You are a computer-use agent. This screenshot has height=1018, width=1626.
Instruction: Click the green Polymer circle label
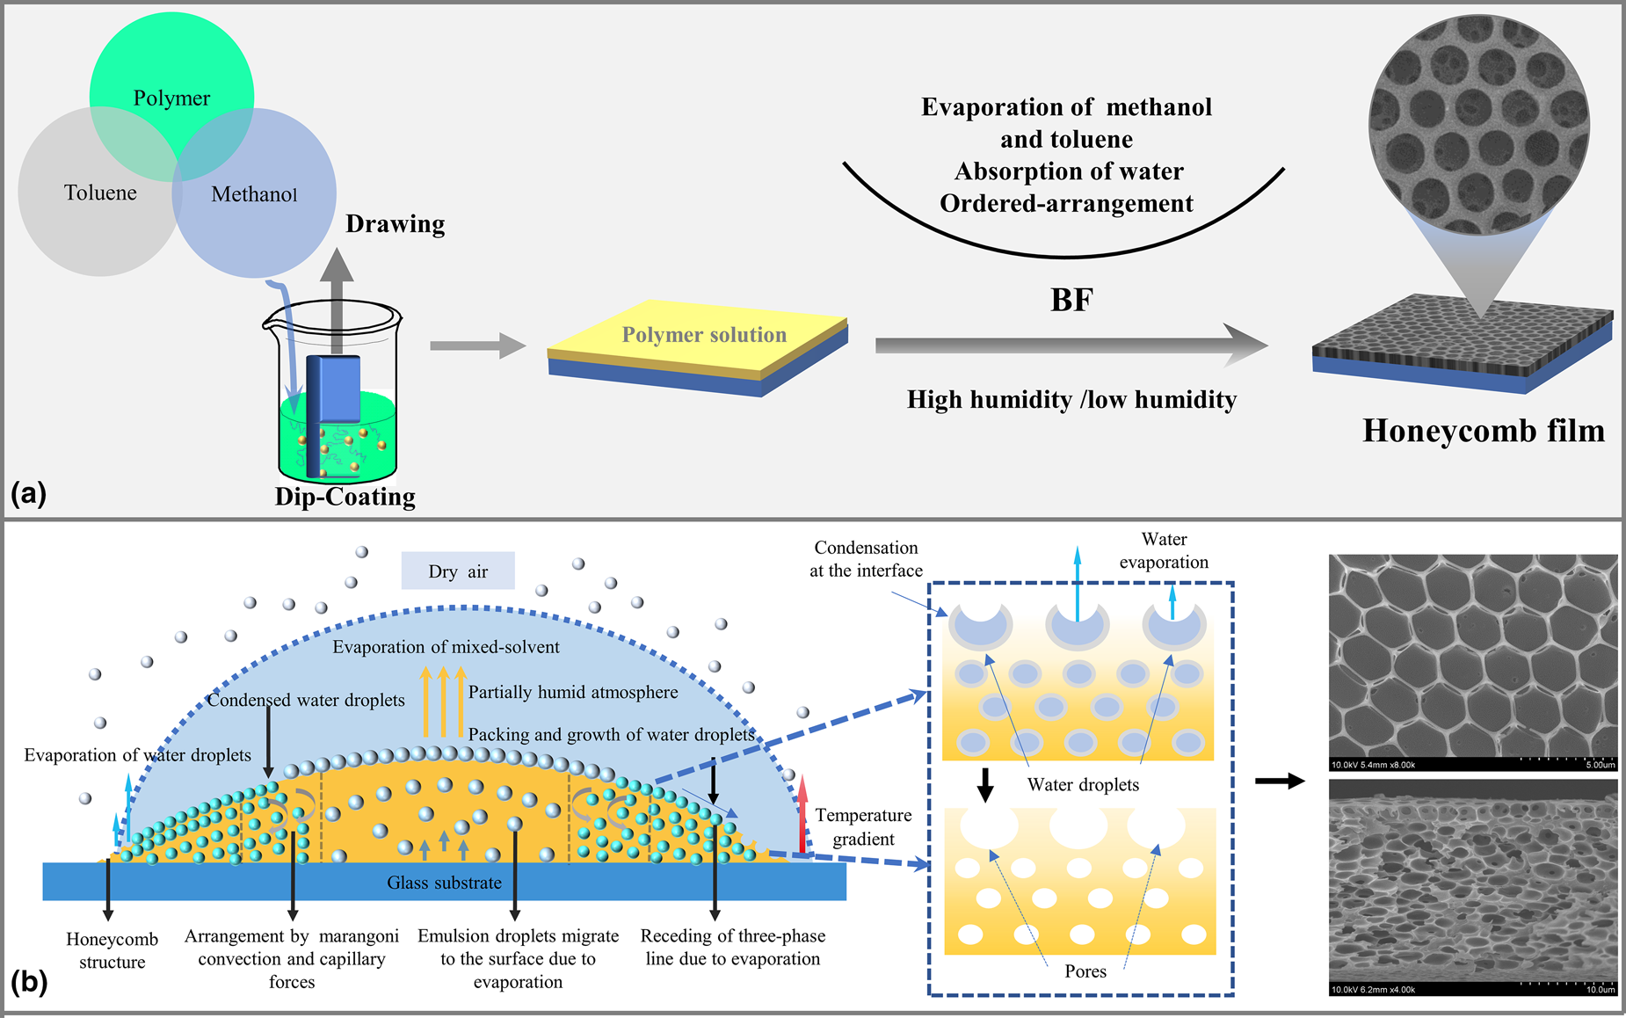(171, 98)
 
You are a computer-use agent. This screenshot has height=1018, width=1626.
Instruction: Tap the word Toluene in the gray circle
(100, 193)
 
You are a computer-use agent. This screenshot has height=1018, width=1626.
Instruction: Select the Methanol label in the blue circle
(254, 194)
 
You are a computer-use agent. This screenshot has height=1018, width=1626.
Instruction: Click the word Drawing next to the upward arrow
(395, 224)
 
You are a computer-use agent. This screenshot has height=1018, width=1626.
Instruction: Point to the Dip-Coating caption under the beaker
(345, 497)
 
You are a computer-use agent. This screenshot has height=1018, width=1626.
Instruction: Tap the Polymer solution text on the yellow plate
(704, 335)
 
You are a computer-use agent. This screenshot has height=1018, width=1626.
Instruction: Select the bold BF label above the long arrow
(1071, 301)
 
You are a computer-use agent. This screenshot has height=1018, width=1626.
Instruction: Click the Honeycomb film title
(1483, 431)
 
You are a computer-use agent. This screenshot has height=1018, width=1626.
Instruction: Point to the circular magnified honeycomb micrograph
(1478, 123)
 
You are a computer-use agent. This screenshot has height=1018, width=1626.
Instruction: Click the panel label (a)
(28, 493)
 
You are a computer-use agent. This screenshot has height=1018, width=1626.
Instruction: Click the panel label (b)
(28, 981)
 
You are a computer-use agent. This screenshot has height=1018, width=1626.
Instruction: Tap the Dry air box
(458, 571)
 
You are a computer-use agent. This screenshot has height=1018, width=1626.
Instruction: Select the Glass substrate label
(444, 883)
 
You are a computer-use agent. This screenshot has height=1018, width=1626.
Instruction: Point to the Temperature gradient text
(863, 827)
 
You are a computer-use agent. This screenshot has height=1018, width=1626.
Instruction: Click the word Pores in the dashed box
(1085, 971)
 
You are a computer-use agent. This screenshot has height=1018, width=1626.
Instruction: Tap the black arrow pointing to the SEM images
(1279, 781)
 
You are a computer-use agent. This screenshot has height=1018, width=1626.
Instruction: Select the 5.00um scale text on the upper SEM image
(1599, 765)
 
